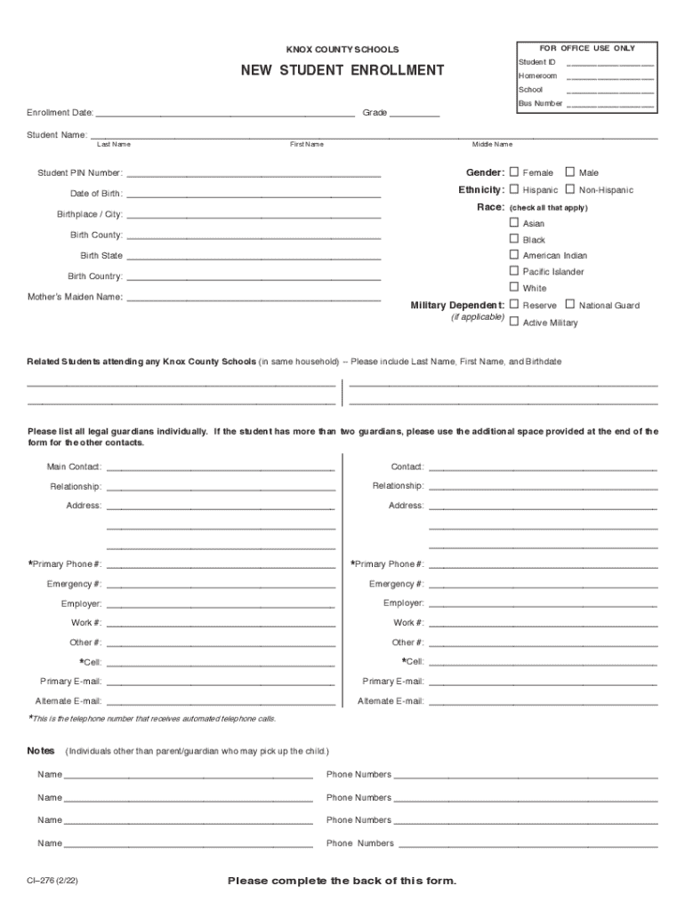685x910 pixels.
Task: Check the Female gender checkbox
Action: tap(514, 172)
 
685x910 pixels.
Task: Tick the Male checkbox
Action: tap(570, 172)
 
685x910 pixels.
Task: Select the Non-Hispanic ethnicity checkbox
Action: tap(570, 189)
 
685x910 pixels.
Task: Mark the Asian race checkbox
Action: tap(514, 223)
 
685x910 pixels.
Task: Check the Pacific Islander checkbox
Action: tap(514, 271)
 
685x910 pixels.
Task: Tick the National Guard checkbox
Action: tap(570, 305)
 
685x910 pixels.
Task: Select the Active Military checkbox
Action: tap(514, 322)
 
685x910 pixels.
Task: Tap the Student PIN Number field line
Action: tap(254, 174)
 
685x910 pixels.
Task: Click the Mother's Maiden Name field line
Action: tap(254, 299)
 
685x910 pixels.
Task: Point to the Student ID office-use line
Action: tap(610, 64)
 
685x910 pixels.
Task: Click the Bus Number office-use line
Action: tap(610, 105)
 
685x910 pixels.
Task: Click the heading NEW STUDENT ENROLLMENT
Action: tap(342, 70)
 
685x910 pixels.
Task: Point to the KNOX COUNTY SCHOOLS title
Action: tap(342, 50)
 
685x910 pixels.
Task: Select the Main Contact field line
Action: tap(221, 467)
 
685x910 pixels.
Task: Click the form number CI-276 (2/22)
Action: tap(57, 882)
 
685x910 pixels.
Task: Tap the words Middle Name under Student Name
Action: tap(492, 145)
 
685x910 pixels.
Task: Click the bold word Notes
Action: tap(41, 751)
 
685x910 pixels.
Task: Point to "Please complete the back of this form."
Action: tap(342, 881)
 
